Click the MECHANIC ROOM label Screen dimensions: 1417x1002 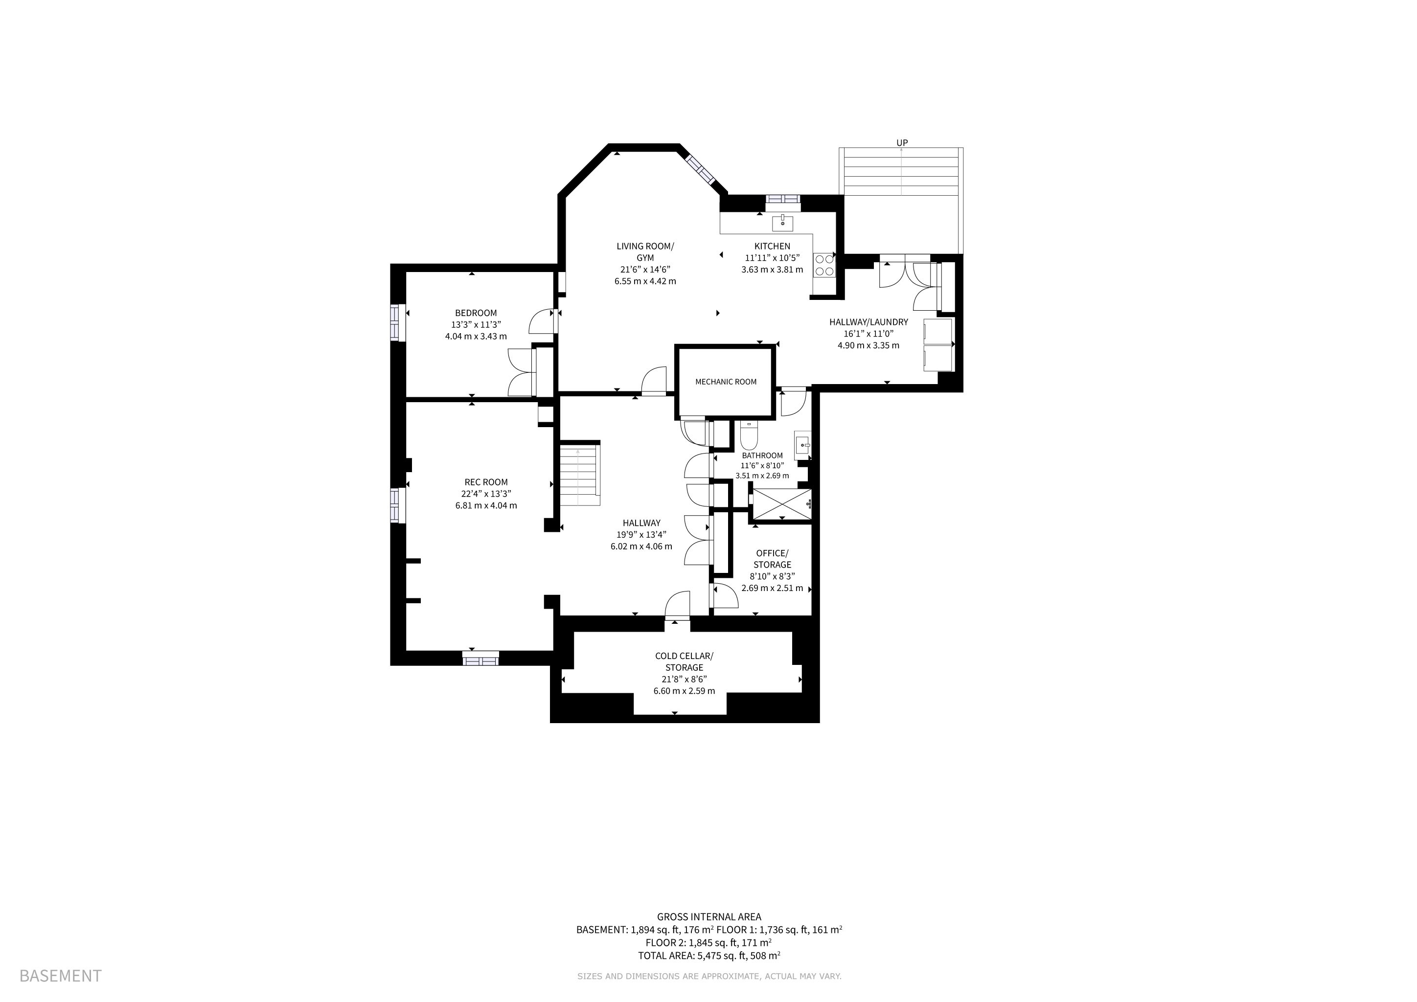coord(726,382)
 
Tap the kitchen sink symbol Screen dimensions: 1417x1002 coord(782,222)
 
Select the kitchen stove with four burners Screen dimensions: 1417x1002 coord(824,265)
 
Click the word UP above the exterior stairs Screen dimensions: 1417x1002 coord(902,142)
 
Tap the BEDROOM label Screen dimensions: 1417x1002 coord(476,313)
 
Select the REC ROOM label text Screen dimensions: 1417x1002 coord(486,482)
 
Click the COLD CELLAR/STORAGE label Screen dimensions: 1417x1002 coord(684,661)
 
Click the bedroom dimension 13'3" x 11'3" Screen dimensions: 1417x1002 coord(476,324)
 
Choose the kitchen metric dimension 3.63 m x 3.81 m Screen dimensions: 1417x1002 coord(772,270)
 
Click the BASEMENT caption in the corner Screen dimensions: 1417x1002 coord(61,976)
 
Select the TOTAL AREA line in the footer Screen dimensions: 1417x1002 coord(709,956)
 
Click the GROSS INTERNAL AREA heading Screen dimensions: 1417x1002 coord(709,917)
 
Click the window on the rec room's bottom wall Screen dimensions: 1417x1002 coord(481,660)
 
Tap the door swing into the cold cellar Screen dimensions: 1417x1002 coord(677,605)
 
